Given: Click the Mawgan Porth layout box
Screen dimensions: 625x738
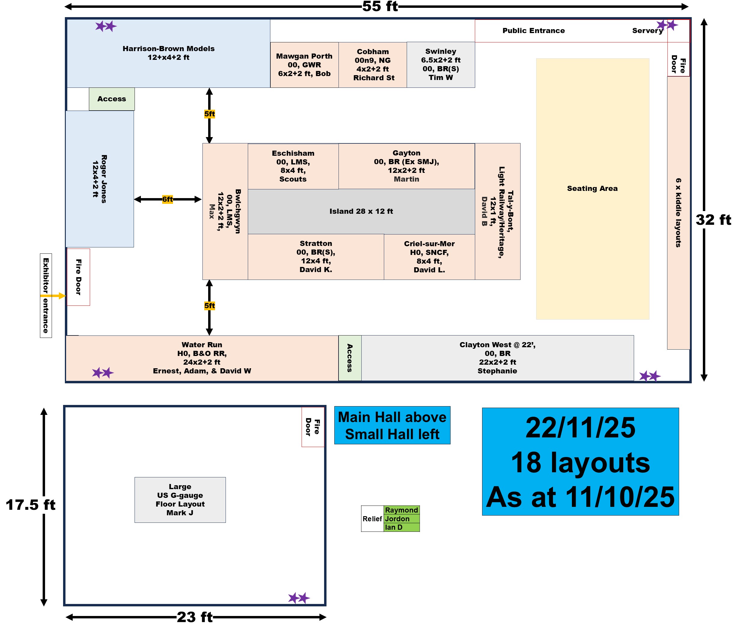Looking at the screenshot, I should [x=304, y=65].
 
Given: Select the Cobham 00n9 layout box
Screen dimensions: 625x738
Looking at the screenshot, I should [x=373, y=65].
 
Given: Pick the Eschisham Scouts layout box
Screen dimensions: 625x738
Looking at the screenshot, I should [x=293, y=166].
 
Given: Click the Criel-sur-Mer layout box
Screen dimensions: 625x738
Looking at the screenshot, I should [x=429, y=257].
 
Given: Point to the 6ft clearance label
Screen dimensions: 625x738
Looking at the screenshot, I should [x=167, y=199].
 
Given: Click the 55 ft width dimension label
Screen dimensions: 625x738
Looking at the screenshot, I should [x=380, y=6].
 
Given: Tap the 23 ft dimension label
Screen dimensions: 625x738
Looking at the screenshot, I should [x=195, y=617].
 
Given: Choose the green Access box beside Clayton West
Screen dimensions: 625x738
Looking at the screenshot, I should [x=350, y=358].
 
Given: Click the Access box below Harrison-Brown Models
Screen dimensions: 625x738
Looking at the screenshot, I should [x=111, y=99].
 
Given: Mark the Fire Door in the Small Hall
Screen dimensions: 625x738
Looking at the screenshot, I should [x=313, y=427].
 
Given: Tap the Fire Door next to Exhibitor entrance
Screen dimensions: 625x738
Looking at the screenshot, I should [x=78, y=277].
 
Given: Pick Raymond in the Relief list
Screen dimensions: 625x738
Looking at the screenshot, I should [x=401, y=510].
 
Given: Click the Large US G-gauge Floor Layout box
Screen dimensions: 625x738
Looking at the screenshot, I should [x=180, y=500].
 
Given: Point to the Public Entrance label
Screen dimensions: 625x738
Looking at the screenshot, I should [x=533, y=30].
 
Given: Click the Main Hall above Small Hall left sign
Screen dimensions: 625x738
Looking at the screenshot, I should [x=392, y=425].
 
